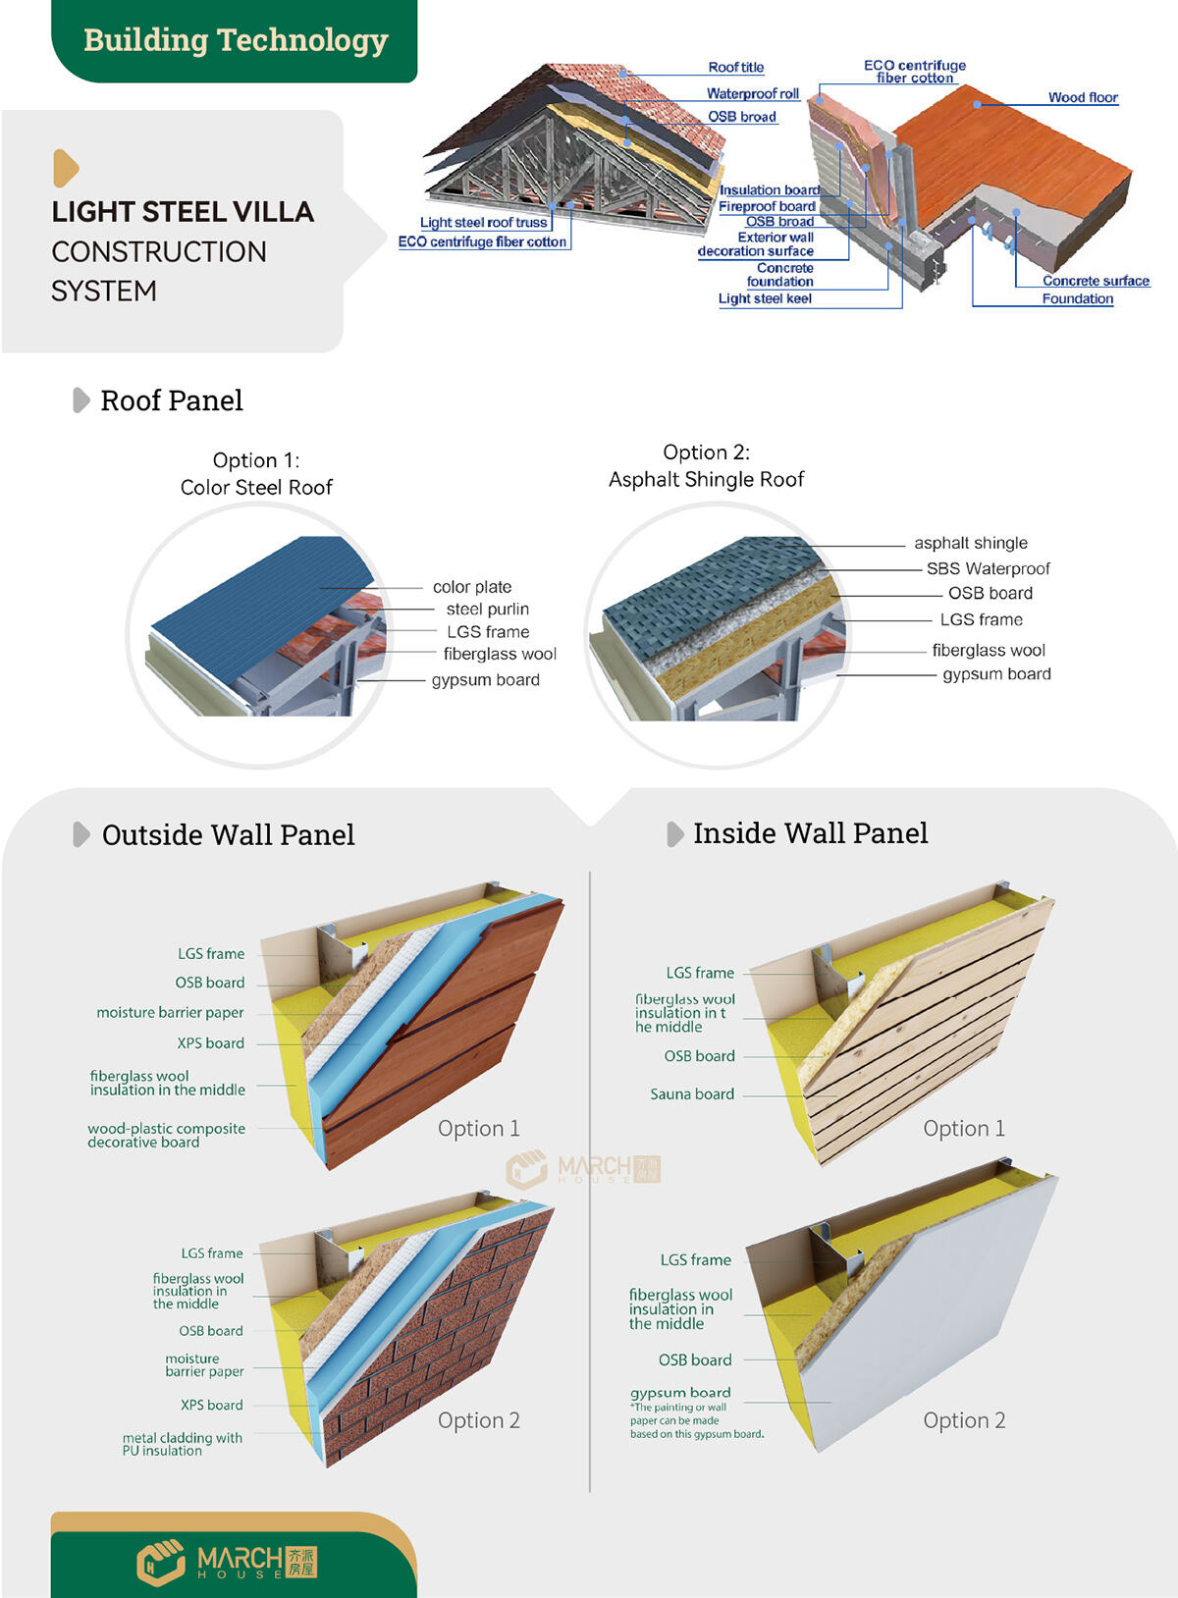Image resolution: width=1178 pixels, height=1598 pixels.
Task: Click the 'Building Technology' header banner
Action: pos(236,40)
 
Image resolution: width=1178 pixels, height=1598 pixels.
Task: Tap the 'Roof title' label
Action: pos(735,68)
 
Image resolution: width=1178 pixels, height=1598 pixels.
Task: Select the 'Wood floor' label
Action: pos(1082,97)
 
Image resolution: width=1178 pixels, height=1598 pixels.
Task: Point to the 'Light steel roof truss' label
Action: pos(483,223)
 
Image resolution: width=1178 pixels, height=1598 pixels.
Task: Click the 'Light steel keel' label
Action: pos(764,298)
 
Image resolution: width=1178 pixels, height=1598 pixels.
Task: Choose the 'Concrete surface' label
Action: pos(1095,281)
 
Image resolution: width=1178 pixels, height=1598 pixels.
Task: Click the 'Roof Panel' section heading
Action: pos(171,400)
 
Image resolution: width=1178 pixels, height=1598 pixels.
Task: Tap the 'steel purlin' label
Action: pos(487,610)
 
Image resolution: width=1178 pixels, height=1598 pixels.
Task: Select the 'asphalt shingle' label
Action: pos(970,543)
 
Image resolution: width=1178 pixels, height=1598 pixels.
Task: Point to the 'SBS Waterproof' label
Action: pos(988,568)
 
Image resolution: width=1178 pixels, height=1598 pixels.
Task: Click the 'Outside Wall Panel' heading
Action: pos(228,835)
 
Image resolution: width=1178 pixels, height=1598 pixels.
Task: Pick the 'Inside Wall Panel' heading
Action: pos(810,833)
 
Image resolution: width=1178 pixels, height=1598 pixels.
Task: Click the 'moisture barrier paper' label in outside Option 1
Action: pos(170,1012)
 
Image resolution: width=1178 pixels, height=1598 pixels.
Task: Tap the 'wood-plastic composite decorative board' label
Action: pos(166,1135)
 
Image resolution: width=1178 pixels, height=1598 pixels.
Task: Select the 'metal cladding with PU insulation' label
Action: pos(182,1444)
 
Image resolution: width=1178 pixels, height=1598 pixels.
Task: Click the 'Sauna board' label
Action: pos(691,1093)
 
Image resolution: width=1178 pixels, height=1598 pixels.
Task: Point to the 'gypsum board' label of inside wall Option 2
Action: pos(679,1393)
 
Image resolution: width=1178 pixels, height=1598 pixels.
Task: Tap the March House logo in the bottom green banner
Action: pos(227,1561)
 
